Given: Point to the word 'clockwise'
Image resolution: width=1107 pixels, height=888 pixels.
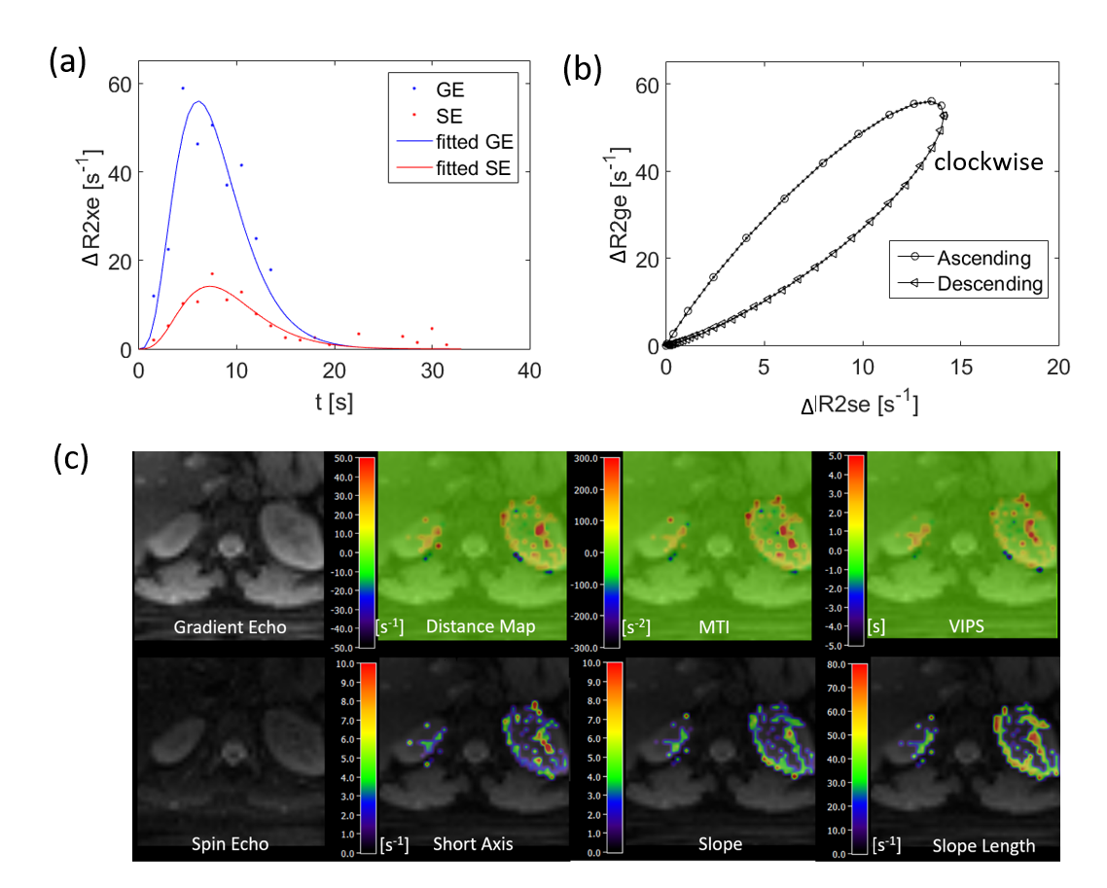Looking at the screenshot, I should pyautogui.click(x=988, y=162).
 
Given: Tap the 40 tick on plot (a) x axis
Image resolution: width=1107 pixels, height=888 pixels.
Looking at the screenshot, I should pyautogui.click(x=528, y=371).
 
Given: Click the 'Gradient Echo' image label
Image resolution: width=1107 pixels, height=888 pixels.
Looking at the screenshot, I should pyautogui.click(x=231, y=627).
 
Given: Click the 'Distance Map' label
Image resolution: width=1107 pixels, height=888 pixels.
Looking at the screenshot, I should pyautogui.click(x=481, y=627).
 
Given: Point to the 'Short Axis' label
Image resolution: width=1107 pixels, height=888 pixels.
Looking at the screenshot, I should pyautogui.click(x=473, y=844).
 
